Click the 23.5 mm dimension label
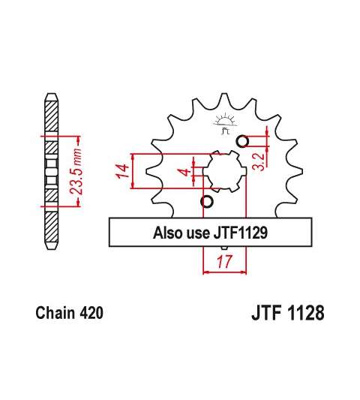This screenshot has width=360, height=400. click(76, 171)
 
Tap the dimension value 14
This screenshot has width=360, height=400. click(122, 171)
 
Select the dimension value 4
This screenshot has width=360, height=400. click(186, 172)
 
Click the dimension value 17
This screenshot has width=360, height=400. click(225, 261)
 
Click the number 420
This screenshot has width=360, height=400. click(91, 313)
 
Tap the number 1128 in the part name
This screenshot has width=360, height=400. click(306, 313)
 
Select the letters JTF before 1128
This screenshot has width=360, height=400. click(266, 313)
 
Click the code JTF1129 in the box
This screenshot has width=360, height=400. click(241, 233)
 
